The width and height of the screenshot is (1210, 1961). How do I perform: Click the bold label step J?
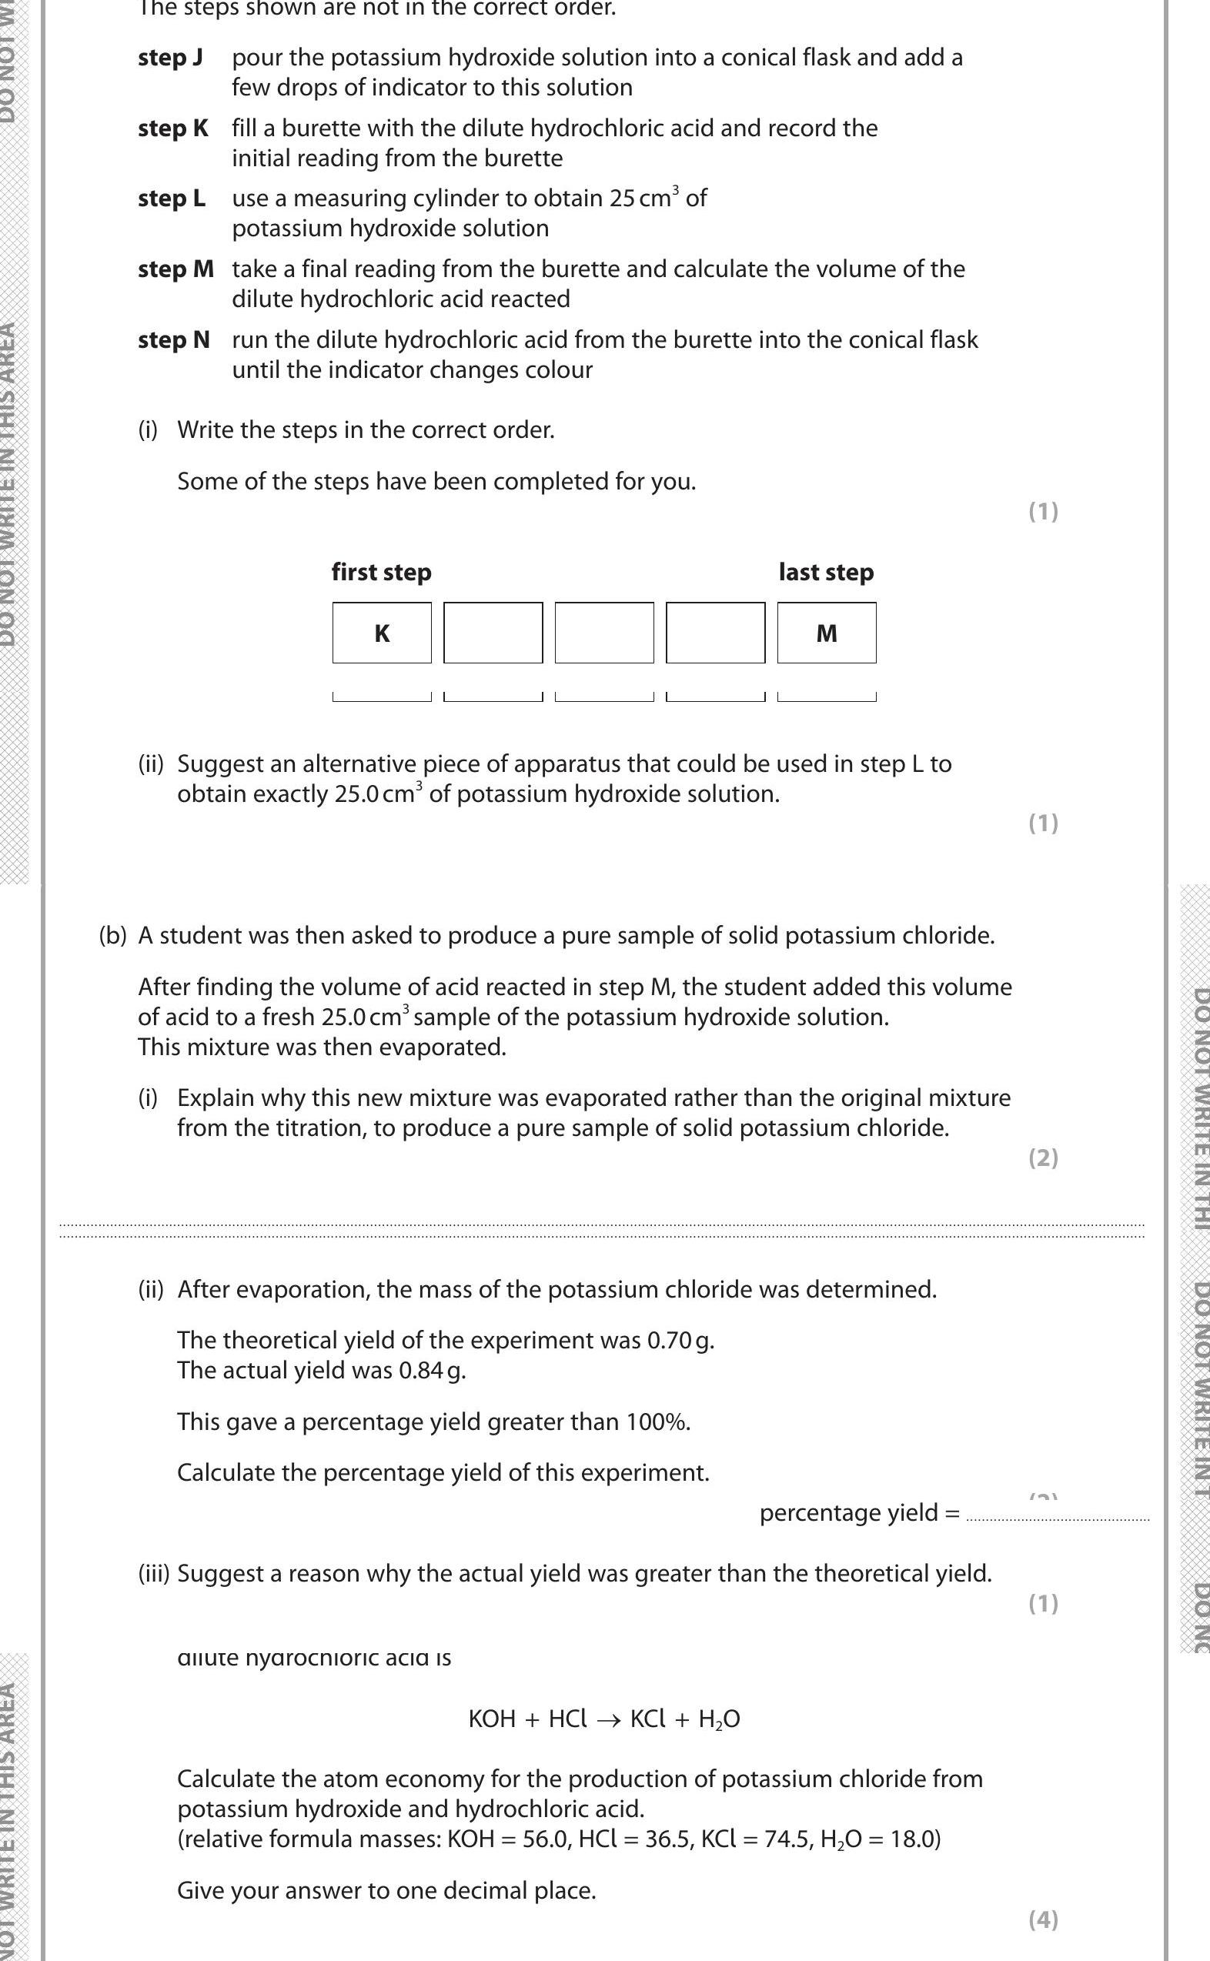pyautogui.click(x=169, y=58)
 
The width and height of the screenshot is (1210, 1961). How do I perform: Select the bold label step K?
pyautogui.click(x=173, y=128)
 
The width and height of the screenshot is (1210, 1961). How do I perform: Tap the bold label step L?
pyautogui.click(x=171, y=198)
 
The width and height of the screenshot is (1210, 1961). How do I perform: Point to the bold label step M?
pyautogui.click(x=176, y=269)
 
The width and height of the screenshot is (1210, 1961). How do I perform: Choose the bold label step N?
pyautogui.click(x=174, y=340)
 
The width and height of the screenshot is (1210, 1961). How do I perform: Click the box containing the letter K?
pyautogui.click(x=382, y=633)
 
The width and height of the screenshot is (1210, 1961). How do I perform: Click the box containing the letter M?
pyautogui.click(x=826, y=633)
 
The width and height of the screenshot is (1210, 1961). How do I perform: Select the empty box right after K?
pyautogui.click(x=493, y=633)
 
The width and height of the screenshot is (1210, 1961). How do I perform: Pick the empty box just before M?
pyautogui.click(x=714, y=633)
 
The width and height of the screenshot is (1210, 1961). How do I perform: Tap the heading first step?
pyautogui.click(x=381, y=572)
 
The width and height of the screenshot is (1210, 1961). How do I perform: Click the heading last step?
pyautogui.click(x=826, y=572)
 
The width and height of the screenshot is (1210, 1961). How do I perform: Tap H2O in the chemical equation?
pyautogui.click(x=719, y=1719)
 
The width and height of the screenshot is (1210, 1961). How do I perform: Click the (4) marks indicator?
pyautogui.click(x=1043, y=1919)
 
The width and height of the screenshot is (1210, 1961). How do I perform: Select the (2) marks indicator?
pyautogui.click(x=1043, y=1158)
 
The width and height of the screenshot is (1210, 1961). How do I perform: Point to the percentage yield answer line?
pyautogui.click(x=1057, y=1518)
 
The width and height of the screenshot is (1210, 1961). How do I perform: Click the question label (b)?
pyautogui.click(x=113, y=935)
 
